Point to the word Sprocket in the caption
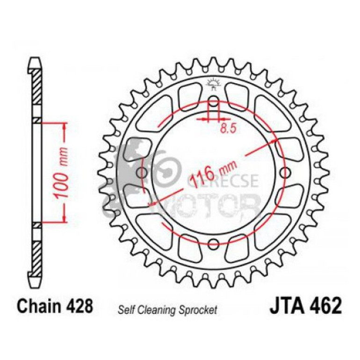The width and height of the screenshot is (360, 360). tap(199, 309)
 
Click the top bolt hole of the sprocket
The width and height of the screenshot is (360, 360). tap(213, 102)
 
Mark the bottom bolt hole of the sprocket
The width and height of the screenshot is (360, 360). tap(213, 243)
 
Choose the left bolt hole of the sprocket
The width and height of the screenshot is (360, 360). tap(143, 173)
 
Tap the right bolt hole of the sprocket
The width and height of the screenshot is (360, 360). tap(283, 173)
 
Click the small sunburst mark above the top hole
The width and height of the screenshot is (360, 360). tap(213, 85)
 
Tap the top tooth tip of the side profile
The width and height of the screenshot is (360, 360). tap(36, 59)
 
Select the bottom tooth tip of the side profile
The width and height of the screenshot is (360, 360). tap(36, 285)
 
